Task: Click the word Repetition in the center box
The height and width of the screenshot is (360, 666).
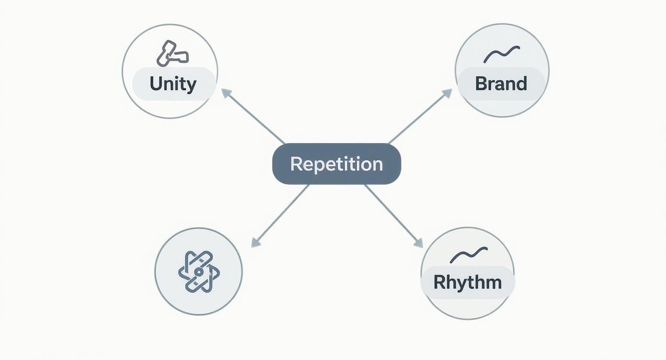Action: (x=336, y=164)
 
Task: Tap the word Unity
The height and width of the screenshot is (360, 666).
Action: (x=173, y=84)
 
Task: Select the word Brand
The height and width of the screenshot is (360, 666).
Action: (x=501, y=84)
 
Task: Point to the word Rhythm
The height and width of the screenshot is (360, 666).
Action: (x=467, y=282)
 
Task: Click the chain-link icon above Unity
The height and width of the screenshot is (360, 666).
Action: (x=172, y=54)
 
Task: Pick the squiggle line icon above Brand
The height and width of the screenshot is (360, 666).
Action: (x=501, y=54)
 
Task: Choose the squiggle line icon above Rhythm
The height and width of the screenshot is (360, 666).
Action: (x=468, y=255)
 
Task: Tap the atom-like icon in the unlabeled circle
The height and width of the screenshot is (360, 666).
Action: (x=199, y=271)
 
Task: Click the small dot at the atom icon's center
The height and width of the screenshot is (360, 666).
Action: (x=198, y=272)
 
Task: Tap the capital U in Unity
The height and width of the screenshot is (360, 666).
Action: (x=155, y=84)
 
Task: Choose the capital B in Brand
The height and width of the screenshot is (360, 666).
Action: (x=481, y=84)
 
